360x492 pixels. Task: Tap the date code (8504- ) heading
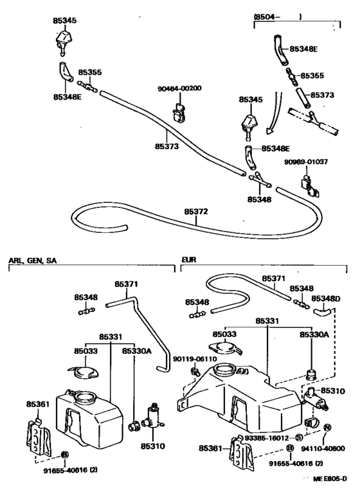point(276,15)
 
